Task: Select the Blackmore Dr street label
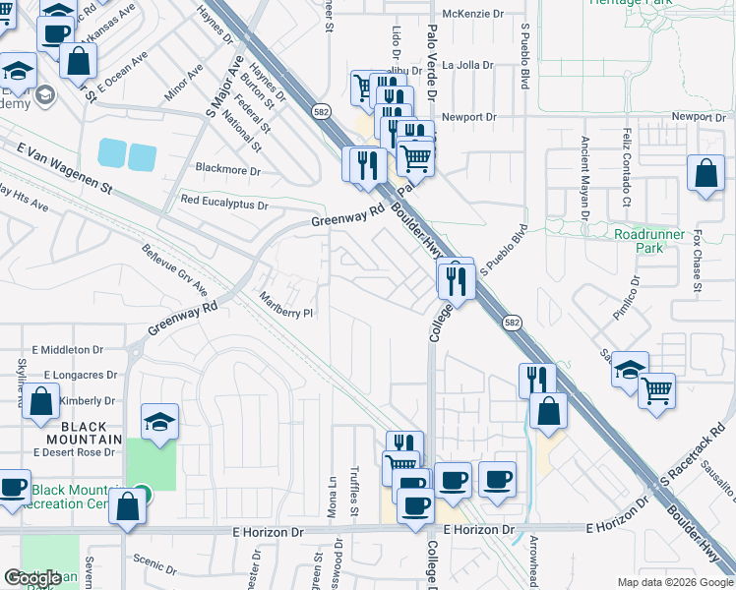[228, 170]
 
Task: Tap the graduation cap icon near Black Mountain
[159, 423]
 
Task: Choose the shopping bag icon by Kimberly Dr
[42, 402]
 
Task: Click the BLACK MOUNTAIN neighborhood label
[78, 440]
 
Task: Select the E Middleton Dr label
[67, 350]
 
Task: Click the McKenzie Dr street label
[472, 13]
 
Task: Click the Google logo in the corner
[32, 578]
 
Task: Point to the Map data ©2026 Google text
[674, 582]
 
